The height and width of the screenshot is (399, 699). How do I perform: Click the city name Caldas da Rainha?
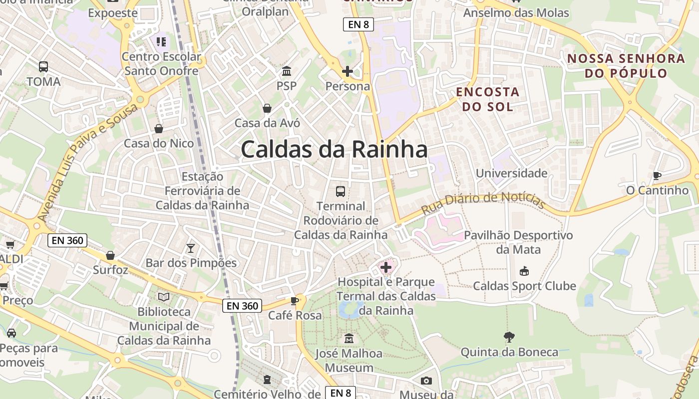pos(334,149)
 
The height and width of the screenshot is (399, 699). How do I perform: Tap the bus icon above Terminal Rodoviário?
pos(341,191)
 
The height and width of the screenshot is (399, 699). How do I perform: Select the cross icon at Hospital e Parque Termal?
pos(386,268)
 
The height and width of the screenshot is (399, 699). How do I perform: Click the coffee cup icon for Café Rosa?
pos(295,301)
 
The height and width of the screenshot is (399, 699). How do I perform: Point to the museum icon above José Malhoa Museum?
pos(349,339)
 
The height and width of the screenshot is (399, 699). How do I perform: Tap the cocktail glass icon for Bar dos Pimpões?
pos(190,248)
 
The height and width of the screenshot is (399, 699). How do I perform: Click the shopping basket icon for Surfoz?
pos(110,255)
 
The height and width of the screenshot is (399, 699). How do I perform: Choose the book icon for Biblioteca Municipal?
pos(164,297)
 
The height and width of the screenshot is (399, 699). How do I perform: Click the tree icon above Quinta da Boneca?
pos(509,337)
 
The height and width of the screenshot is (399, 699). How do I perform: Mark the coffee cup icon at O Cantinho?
pos(657,176)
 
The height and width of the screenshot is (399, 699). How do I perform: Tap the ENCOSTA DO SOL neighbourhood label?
pos(487,99)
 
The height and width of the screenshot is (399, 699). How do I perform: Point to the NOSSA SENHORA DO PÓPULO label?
pos(626,65)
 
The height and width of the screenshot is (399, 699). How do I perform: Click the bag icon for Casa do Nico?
pos(159,129)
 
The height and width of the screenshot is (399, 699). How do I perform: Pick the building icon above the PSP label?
pos(287,71)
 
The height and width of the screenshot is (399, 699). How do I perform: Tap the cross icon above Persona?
pos(348,71)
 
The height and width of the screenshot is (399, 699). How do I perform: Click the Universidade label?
pos(512,173)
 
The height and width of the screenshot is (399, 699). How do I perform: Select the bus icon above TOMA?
pos(43,67)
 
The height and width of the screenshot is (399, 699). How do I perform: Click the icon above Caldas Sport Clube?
pos(524,271)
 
